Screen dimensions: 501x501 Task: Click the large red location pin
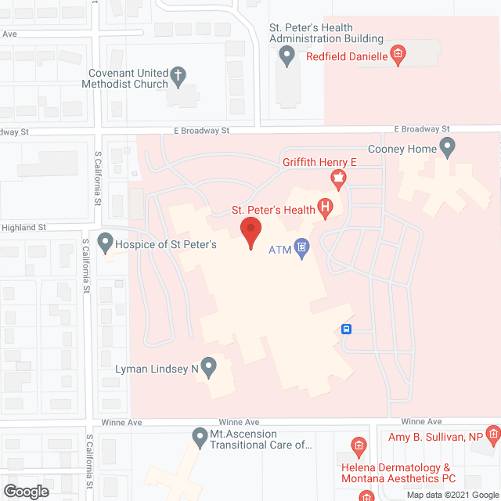(250, 232)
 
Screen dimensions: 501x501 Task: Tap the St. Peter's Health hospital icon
(326, 208)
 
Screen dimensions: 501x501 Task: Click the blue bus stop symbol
(347, 329)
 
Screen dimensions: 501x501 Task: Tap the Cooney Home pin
(448, 146)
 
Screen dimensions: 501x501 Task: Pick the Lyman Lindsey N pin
(208, 365)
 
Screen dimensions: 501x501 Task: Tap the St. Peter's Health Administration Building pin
(287, 55)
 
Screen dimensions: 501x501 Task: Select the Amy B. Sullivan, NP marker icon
(492, 432)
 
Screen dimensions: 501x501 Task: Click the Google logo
(25, 491)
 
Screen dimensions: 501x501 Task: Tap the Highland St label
(25, 227)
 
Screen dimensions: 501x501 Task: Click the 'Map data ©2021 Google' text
(452, 495)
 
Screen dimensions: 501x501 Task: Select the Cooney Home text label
(402, 148)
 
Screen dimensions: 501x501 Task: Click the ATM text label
(279, 250)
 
